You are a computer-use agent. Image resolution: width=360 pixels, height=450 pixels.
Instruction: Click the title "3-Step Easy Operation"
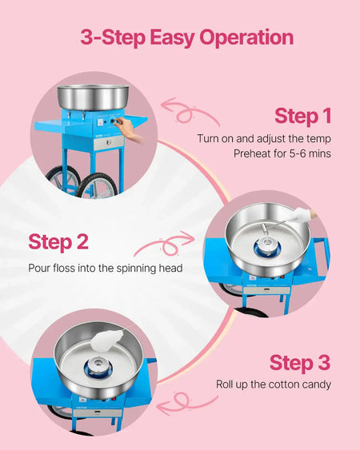[x=186, y=38]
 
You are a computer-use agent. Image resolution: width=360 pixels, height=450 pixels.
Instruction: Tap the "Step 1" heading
[x=302, y=116]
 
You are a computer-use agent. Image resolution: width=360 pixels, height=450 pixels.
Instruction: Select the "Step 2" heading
[x=58, y=241]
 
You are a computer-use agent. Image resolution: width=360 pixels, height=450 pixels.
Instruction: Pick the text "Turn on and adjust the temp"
[x=264, y=138]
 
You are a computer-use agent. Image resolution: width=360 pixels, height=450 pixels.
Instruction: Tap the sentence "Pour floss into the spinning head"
[x=105, y=268]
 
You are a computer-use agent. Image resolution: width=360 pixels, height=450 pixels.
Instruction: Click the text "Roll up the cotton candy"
[x=273, y=384]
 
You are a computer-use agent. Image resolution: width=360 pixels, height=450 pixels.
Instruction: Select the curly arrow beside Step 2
[x=170, y=242]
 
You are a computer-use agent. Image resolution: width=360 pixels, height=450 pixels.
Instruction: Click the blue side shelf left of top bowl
[x=57, y=123]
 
